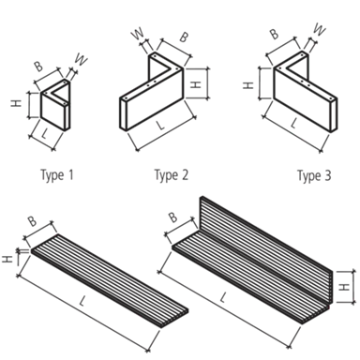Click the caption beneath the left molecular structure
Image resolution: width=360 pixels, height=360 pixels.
(x=48, y=173)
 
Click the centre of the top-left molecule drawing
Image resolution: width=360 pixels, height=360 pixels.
(x=49, y=103)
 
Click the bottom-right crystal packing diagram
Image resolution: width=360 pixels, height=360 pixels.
(x=258, y=262)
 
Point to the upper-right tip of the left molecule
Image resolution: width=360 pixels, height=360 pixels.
(x=86, y=55)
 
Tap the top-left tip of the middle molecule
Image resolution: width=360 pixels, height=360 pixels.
(x=131, y=33)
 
